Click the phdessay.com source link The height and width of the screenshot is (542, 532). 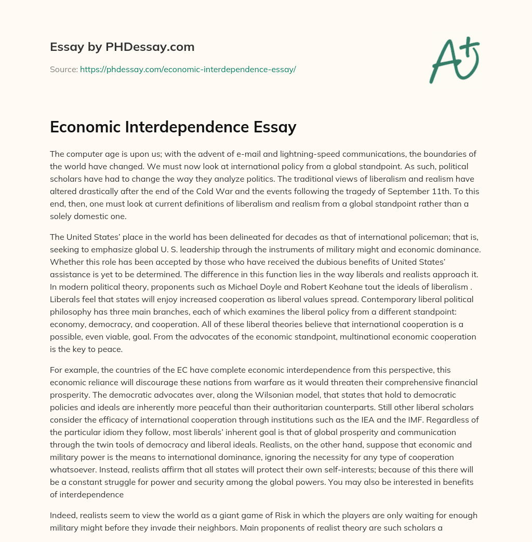pyautogui.click(x=188, y=69)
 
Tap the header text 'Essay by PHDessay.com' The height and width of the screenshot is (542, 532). pyautogui.click(x=122, y=47)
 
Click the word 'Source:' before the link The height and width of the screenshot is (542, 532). pyautogui.click(x=63, y=69)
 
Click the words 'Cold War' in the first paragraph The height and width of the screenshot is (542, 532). pyautogui.click(x=257, y=191)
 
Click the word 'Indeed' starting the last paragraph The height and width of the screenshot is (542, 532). pyautogui.click(x=62, y=516)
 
